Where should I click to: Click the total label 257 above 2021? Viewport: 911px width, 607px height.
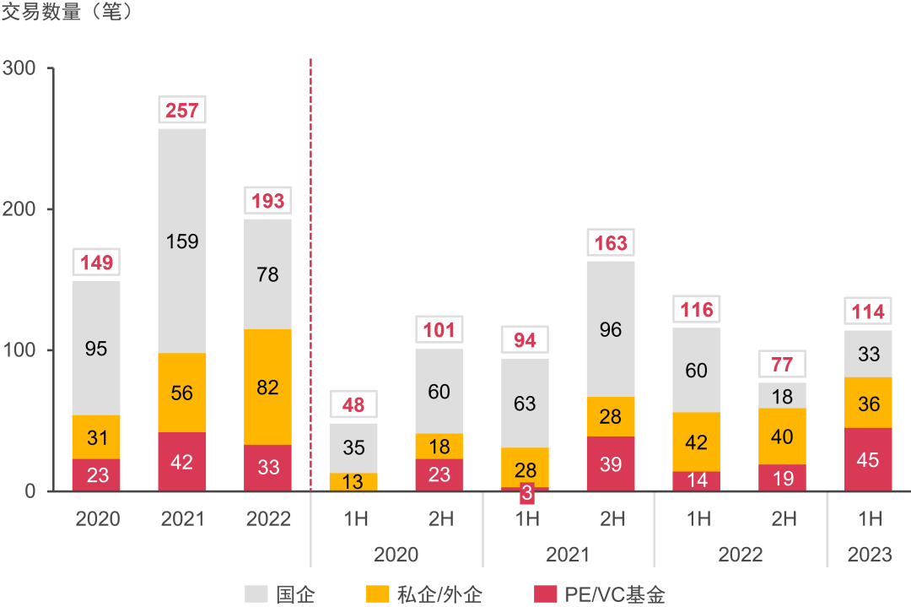pos(182,111)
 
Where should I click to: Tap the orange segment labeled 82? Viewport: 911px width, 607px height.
pos(267,387)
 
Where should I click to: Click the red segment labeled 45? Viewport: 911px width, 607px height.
pos(868,459)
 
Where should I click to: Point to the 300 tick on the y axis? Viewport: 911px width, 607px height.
pos(24,68)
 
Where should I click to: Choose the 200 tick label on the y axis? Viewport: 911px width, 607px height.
pos(24,209)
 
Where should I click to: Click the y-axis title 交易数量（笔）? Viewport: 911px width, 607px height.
pos(67,14)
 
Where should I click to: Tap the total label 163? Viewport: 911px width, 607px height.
pos(611,244)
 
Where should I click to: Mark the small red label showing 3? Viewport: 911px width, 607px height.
pos(526,494)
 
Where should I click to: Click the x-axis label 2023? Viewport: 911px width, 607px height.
pos(870,555)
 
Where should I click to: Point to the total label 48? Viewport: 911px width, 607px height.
pos(353,405)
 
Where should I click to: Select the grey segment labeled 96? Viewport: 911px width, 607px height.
pos(611,328)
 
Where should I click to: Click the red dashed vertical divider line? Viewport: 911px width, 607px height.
pos(310,253)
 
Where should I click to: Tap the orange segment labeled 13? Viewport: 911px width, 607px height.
pos(353,482)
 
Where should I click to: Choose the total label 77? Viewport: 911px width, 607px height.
pos(782,366)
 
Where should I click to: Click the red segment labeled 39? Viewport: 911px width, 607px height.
pos(611,463)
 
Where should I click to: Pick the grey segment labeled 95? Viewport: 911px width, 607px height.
pos(96,348)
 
